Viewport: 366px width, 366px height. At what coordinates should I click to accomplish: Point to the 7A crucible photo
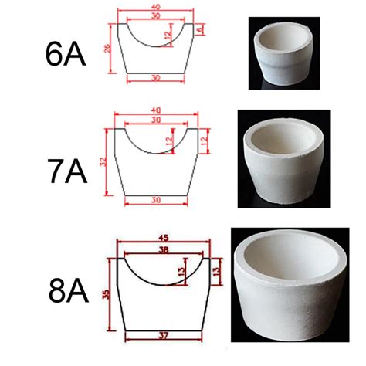pos(283,165)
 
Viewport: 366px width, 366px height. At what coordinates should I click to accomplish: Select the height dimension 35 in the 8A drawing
pos(108,294)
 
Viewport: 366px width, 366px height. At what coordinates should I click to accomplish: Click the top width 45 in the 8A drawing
pos(164,238)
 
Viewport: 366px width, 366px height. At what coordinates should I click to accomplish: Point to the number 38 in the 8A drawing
pos(164,250)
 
